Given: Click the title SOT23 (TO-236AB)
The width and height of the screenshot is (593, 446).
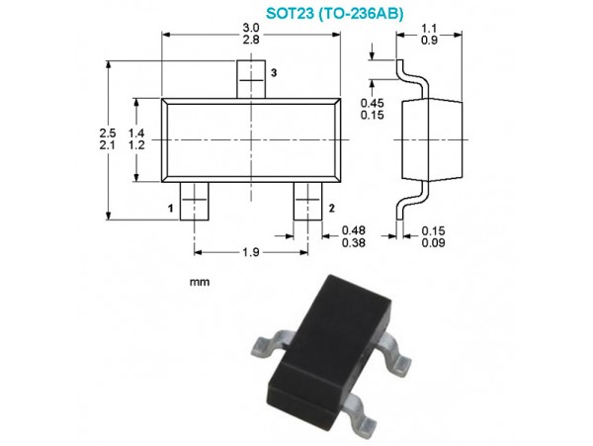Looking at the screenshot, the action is (335, 13).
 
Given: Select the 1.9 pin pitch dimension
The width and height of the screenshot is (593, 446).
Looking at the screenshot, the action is (251, 252).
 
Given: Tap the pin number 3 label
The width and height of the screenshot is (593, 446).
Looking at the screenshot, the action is (274, 72).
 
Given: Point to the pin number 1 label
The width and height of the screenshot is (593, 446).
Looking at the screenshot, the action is (171, 208).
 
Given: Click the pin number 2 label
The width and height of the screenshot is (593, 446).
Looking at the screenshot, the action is (332, 208).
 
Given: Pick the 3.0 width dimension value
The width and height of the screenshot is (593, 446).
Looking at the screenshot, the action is (251, 28).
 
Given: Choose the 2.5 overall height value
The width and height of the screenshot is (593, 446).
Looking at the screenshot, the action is (108, 134).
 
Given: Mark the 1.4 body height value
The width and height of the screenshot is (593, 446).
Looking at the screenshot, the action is (136, 134).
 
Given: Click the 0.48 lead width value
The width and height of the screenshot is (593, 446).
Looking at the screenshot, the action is (354, 230).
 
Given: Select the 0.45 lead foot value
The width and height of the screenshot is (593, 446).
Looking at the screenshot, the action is (373, 103).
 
